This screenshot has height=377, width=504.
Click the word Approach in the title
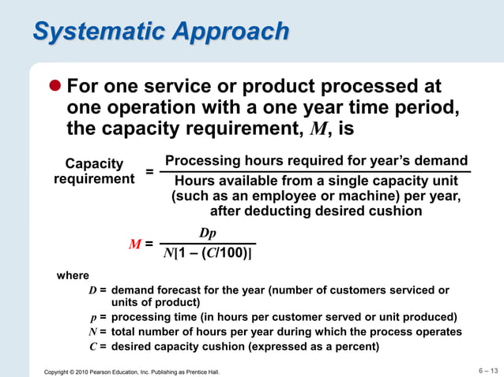229,32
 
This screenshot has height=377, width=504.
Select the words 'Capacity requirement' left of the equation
94,171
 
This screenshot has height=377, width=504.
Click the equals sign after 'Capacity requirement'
150,171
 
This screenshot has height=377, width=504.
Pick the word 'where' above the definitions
73,276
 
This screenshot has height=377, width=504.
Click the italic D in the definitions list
92,290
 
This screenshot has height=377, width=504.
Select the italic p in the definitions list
94,318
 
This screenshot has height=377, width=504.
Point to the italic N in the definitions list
92,332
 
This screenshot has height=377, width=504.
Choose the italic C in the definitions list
92,346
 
